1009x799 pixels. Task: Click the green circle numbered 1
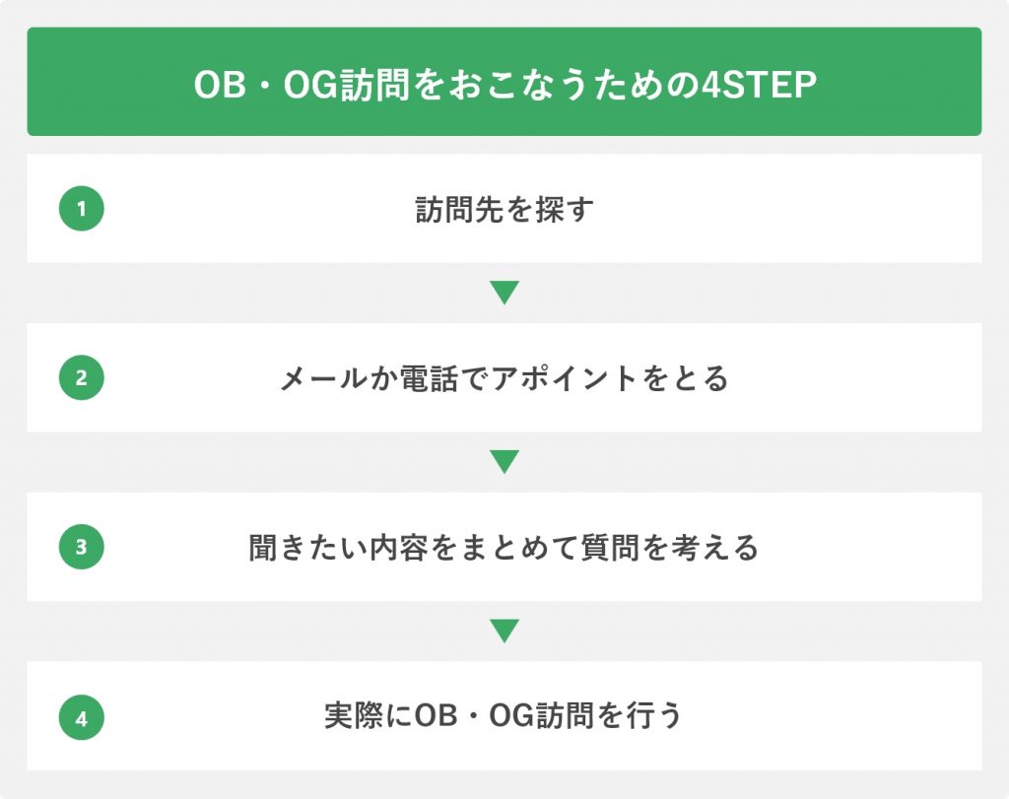pyautogui.click(x=81, y=209)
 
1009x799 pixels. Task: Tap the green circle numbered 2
pyautogui.click(x=81, y=377)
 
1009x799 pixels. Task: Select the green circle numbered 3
pyautogui.click(x=81, y=547)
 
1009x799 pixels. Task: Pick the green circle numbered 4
pyautogui.click(x=81, y=717)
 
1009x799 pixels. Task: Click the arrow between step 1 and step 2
pyautogui.click(x=504, y=293)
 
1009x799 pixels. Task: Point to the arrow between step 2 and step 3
pyautogui.click(x=504, y=462)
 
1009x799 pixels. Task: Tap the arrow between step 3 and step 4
pyautogui.click(x=504, y=632)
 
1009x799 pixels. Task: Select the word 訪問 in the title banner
pyautogui.click(x=374, y=85)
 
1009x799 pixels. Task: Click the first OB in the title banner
pyautogui.click(x=220, y=85)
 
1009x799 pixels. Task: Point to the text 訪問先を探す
pyautogui.click(x=504, y=209)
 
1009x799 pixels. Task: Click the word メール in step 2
pyautogui.click(x=323, y=378)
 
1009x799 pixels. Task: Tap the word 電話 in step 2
pyautogui.click(x=430, y=378)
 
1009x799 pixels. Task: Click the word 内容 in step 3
pyautogui.click(x=399, y=548)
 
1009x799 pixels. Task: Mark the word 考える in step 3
pyautogui.click(x=714, y=548)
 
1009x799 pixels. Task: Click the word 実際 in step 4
pyautogui.click(x=354, y=716)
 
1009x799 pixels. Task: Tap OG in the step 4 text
pyautogui.click(x=511, y=716)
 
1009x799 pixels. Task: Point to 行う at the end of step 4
pyautogui.click(x=654, y=716)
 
